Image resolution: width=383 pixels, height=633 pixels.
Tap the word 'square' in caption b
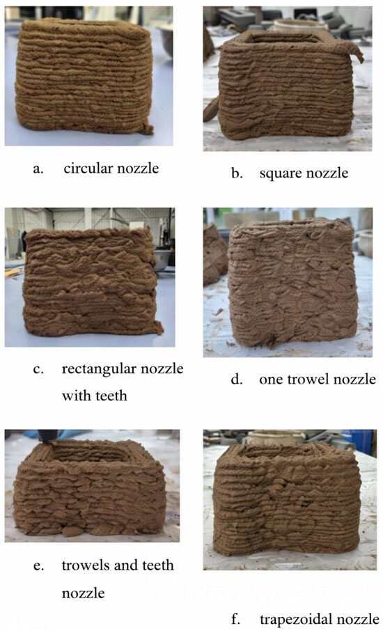(279, 174)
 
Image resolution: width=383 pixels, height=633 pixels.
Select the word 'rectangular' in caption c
(95, 369)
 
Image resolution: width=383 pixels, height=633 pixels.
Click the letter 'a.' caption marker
(38, 169)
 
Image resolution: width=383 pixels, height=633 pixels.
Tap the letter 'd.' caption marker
(237, 380)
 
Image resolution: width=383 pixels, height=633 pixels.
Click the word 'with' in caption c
(74, 396)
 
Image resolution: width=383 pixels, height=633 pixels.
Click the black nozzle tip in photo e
(47, 437)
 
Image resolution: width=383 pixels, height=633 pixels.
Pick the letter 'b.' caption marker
(237, 173)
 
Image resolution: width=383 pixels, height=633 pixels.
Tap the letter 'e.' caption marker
(38, 566)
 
